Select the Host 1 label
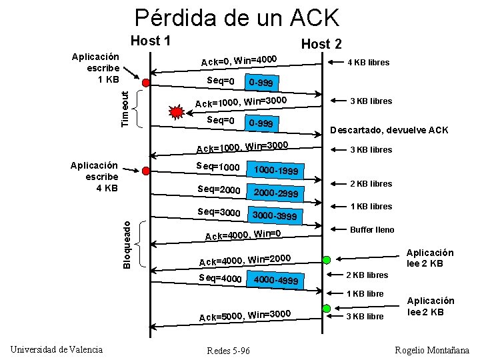[x=151, y=41]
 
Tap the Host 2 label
[x=321, y=44]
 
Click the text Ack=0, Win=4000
[x=239, y=61]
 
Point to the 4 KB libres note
[x=369, y=63]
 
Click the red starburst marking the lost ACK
[x=177, y=110]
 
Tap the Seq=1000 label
[x=218, y=166]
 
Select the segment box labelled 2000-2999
[x=275, y=193]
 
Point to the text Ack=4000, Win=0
[x=243, y=235]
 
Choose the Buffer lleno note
[x=372, y=229]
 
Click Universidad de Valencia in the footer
[x=57, y=349]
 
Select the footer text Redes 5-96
[x=229, y=351]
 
